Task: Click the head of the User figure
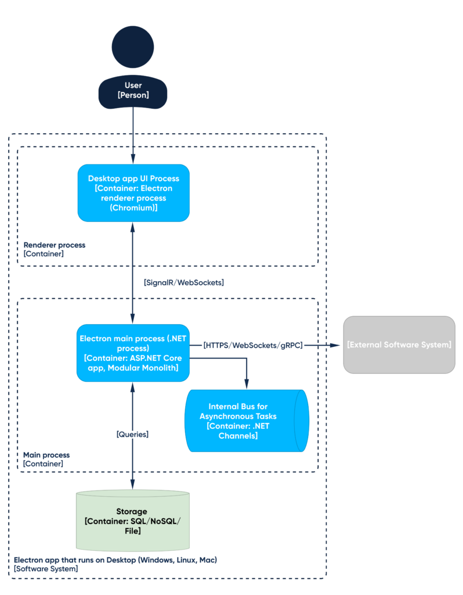(133, 47)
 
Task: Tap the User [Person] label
(133, 90)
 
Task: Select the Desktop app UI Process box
(133, 193)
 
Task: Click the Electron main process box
(133, 353)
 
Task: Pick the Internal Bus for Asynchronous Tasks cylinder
(247, 421)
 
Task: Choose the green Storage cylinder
(133, 521)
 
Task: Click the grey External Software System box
(399, 345)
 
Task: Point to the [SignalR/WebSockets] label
(184, 283)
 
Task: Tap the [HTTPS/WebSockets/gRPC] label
(253, 345)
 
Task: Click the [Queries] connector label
(132, 434)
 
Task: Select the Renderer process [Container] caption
(54, 249)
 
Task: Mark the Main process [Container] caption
(46, 459)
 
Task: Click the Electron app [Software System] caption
(115, 564)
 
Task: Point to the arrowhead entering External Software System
(335, 345)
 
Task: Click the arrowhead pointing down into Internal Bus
(247, 384)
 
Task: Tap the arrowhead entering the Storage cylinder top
(133, 484)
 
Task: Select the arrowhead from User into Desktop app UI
(133, 159)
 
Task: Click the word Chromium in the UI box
(133, 207)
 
